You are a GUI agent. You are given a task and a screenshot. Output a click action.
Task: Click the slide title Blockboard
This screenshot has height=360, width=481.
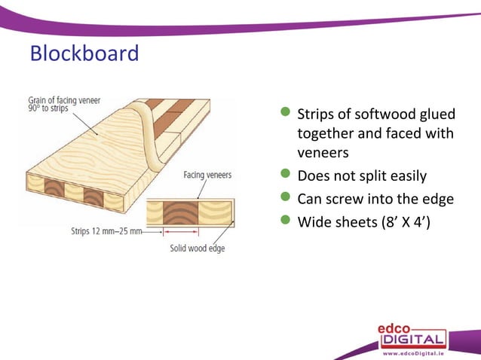pos(84,54)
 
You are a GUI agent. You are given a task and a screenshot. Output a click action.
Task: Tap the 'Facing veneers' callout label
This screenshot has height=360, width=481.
pos(207,175)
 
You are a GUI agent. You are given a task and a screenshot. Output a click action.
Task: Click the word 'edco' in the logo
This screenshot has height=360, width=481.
pos(400,328)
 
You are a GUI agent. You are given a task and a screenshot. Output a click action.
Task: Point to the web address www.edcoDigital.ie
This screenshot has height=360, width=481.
pos(413,352)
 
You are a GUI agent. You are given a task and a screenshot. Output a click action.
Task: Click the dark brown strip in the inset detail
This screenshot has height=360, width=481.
pos(179,212)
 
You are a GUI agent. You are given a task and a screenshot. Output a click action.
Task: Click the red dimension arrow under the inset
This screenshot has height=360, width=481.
pos(179,233)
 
